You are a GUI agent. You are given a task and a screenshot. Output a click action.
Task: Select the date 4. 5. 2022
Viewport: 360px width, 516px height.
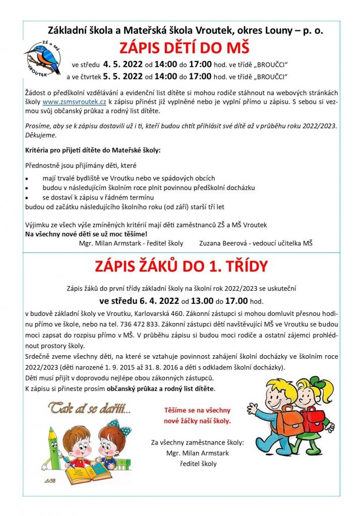tap(123, 64)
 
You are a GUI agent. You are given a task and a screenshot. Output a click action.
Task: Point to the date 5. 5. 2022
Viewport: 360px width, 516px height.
tap(123, 77)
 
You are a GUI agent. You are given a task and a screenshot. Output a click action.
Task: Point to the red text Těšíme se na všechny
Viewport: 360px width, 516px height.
tap(197, 411)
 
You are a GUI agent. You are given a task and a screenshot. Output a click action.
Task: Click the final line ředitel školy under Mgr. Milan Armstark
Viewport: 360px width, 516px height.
tap(197, 464)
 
